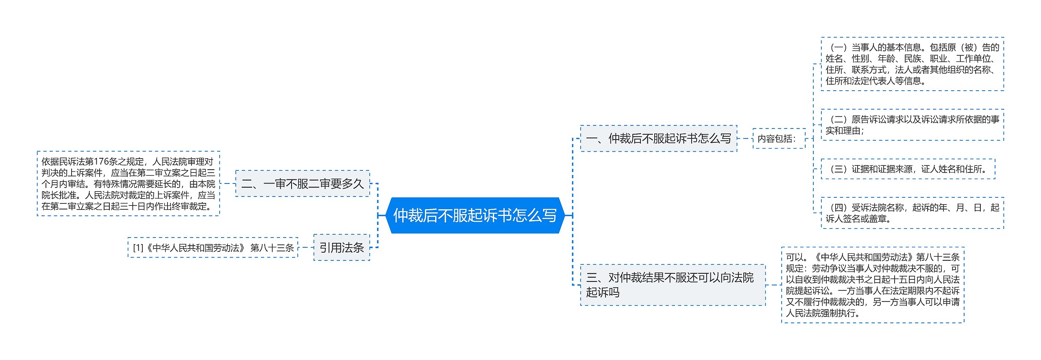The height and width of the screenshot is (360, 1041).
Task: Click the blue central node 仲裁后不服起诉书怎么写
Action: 475,215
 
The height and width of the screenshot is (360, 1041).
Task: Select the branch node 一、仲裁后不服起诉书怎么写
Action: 658,139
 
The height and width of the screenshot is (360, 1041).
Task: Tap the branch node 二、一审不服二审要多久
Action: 303,184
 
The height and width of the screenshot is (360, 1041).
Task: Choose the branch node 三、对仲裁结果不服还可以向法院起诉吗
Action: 673,285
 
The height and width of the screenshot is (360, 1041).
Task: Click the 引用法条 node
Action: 342,247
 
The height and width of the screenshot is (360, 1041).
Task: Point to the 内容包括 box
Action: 779,139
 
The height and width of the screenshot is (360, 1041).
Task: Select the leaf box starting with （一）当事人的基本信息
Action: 912,64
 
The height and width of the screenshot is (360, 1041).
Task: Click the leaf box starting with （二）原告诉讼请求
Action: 912,125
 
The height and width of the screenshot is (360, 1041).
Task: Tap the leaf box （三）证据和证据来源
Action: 908,169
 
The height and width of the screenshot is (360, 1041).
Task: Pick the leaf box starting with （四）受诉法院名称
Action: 912,213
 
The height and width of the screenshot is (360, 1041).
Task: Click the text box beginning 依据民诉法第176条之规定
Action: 128,184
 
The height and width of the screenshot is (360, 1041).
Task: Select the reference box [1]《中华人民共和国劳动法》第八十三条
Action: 213,248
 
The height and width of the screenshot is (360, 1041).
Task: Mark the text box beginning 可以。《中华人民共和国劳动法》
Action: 873,285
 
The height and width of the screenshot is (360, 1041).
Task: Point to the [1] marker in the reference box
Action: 138,248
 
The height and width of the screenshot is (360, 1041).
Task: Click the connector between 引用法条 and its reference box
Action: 306,247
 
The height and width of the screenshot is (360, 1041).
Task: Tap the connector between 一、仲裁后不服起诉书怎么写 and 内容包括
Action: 745,139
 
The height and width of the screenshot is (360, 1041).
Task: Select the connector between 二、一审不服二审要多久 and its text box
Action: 228,184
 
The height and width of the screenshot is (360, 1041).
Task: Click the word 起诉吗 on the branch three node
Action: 603,292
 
